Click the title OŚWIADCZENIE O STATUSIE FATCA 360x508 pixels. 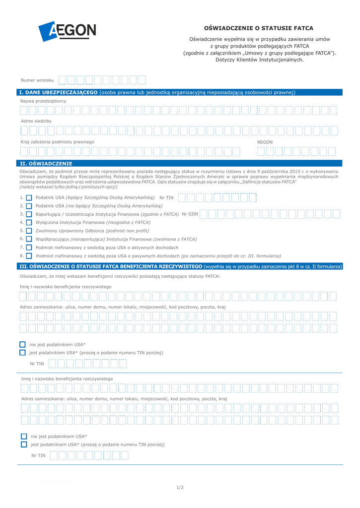[259, 28]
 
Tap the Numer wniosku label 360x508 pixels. [37, 80]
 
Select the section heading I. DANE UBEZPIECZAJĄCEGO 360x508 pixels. [58, 92]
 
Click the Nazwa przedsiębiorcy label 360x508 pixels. [43, 101]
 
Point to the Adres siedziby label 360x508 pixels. [36, 121]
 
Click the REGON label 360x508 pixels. [265, 142]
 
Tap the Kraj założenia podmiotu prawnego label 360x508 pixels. [57, 142]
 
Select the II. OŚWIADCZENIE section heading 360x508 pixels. [46, 163]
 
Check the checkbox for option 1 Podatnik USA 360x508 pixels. [29, 197]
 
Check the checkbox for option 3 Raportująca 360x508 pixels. [29, 214]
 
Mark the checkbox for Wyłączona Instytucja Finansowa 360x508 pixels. [29, 222]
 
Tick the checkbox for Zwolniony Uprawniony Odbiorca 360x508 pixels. [29, 231]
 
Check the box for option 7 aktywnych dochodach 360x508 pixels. [29, 248]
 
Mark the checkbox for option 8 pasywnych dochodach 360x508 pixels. [29, 256]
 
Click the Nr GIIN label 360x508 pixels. [190, 214]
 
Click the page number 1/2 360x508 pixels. [180, 487]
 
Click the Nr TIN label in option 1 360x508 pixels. [166, 197]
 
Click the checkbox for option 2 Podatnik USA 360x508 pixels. [29, 206]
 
